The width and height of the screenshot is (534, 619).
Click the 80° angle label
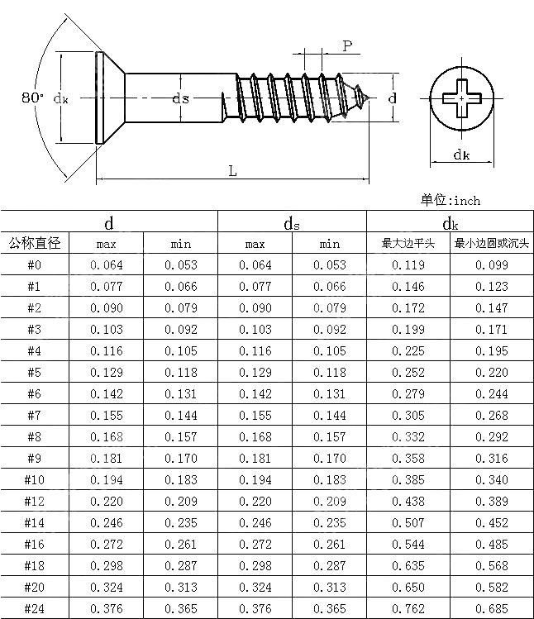33,98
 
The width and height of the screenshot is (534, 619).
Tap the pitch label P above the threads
347,46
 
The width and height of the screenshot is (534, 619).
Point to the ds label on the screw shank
180,98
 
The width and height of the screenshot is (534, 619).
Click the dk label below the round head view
461,155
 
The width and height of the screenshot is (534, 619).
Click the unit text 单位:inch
450,200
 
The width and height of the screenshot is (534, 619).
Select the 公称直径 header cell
35,244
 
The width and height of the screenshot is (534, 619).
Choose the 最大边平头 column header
408,244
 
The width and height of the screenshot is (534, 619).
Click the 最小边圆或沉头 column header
492,244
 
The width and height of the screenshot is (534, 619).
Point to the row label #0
35,265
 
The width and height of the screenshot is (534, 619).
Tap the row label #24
35,609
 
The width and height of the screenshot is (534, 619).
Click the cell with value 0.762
408,609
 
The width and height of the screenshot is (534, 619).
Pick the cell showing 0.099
492,265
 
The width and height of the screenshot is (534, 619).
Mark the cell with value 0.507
408,523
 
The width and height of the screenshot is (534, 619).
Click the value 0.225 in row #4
408,351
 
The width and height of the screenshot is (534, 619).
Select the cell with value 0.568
492,566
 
